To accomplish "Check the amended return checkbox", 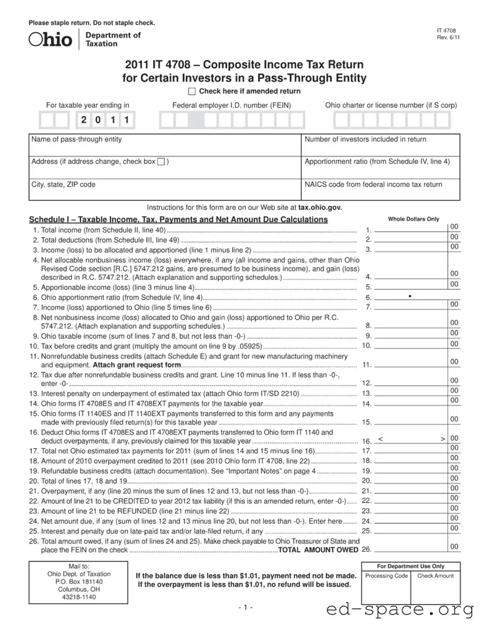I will pos(192,92).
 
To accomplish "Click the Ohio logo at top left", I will pos(51,39).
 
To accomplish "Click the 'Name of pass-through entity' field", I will pos(165,145).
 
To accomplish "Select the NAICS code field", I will pos(381,190).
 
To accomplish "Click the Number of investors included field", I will pos(381,145).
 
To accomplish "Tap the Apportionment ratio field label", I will pos(377,162).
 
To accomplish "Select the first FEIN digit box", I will pos(167,121).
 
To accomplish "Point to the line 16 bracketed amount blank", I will pos(411,441).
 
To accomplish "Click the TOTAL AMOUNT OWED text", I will pos(318,550).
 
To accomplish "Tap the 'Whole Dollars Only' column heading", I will pos(413,219).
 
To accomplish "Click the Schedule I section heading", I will pos(178,220).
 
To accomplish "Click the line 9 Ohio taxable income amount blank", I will pos(411,336).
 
